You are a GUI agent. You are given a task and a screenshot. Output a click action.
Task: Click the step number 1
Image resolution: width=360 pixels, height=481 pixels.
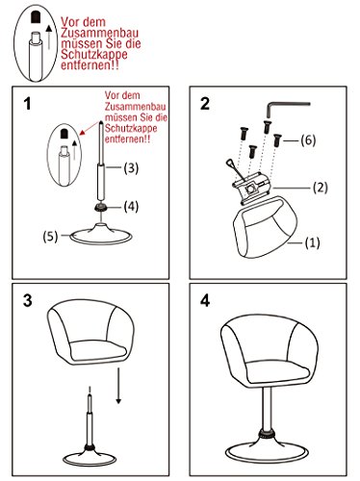coord(32,104)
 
